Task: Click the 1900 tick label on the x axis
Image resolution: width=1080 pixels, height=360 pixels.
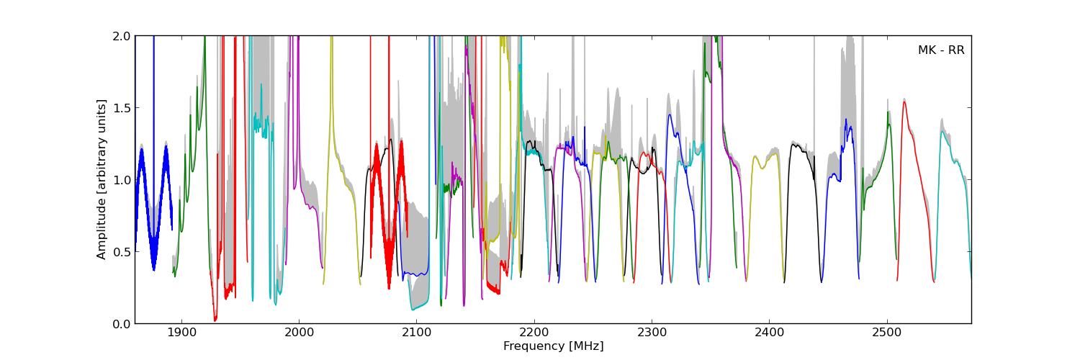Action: coord(181,333)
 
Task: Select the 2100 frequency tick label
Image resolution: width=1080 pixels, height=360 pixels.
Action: coord(417,333)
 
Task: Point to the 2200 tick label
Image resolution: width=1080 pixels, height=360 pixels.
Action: coord(534,333)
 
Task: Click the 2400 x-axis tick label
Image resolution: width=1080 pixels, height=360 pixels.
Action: coord(770,333)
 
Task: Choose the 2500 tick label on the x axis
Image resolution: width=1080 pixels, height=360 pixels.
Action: coord(887,333)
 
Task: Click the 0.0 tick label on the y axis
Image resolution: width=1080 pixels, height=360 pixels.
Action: coord(122,324)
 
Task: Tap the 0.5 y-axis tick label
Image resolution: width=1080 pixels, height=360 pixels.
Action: coord(122,252)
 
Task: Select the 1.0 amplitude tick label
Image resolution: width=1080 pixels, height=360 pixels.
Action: coord(122,180)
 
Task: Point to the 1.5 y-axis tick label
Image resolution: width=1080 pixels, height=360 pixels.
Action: coord(122,108)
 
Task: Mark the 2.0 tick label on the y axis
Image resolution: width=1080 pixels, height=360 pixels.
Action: coord(122,36)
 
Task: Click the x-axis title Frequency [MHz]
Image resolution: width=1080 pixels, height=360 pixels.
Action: coord(553,346)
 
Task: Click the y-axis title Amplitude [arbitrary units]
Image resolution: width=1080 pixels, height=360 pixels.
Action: coord(101,179)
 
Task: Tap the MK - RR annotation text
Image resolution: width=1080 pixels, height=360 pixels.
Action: coord(941,50)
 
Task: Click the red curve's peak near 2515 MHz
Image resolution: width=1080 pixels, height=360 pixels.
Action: coord(904,102)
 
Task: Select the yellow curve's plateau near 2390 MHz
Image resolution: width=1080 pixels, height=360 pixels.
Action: coord(762,164)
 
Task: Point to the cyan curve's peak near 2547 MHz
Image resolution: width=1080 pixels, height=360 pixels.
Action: coord(942,131)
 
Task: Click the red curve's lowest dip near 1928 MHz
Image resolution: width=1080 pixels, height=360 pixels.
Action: coord(215,320)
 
